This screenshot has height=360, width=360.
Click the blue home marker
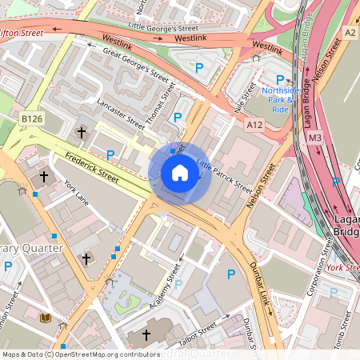pyautogui.click(x=180, y=173)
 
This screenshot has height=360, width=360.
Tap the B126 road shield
pyautogui.click(x=31, y=118)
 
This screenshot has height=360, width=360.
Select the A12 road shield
pyautogui.click(x=255, y=125)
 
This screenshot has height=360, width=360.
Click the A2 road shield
pyautogui.click(x=350, y=32)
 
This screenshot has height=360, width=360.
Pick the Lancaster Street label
pyautogui.click(x=121, y=114)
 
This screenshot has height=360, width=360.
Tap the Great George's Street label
pyautogui.click(x=139, y=64)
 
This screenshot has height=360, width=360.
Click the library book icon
pyautogui.click(x=45, y=318)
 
